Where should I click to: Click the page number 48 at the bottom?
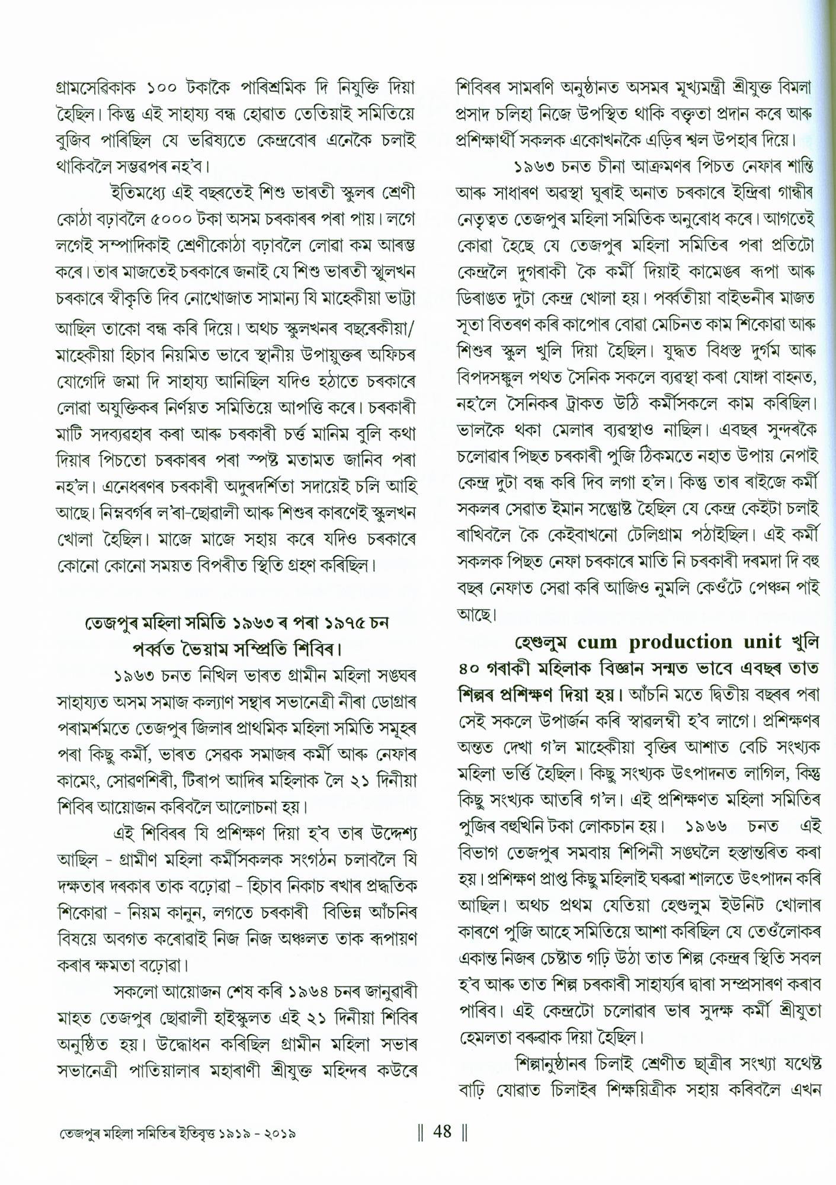pyautogui.click(x=443, y=1132)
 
